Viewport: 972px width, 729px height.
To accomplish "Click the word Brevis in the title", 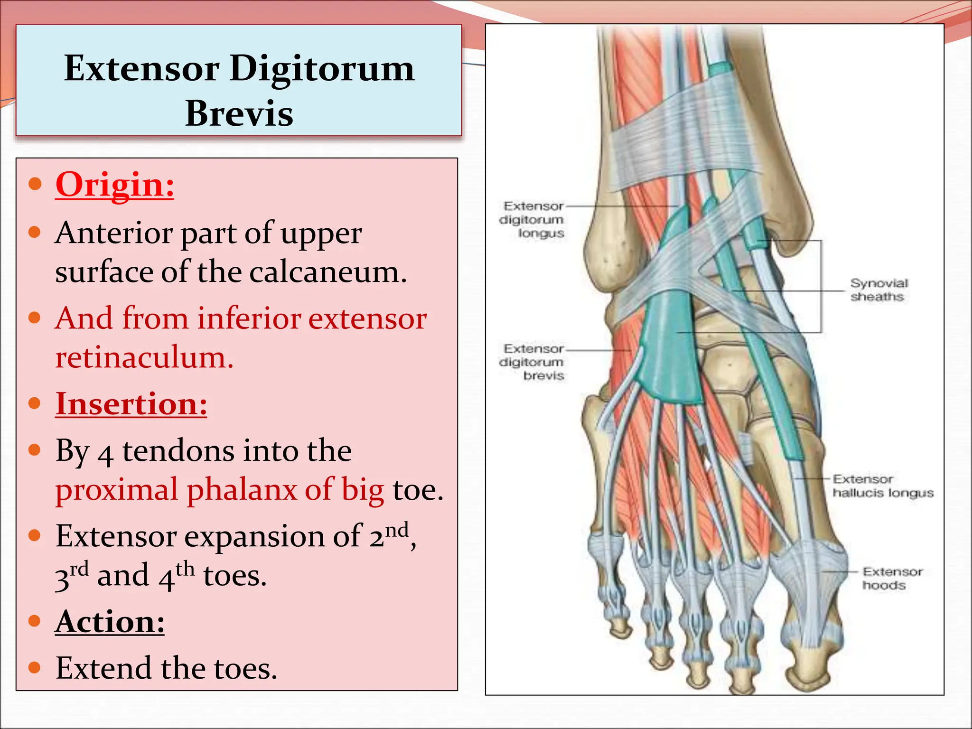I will point(239,114).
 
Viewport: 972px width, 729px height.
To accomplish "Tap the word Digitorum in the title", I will point(322,69).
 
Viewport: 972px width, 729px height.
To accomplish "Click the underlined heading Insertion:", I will point(131,404).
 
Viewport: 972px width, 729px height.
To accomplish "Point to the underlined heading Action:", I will point(110,621).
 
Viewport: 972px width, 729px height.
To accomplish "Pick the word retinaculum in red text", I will point(144,357).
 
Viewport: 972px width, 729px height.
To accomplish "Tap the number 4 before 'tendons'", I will point(105,453).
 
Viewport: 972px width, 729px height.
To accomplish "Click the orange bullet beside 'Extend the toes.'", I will point(34,667).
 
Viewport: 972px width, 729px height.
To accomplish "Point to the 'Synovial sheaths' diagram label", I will point(878,290).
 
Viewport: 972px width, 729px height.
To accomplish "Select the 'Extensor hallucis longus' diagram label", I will point(883,486).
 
